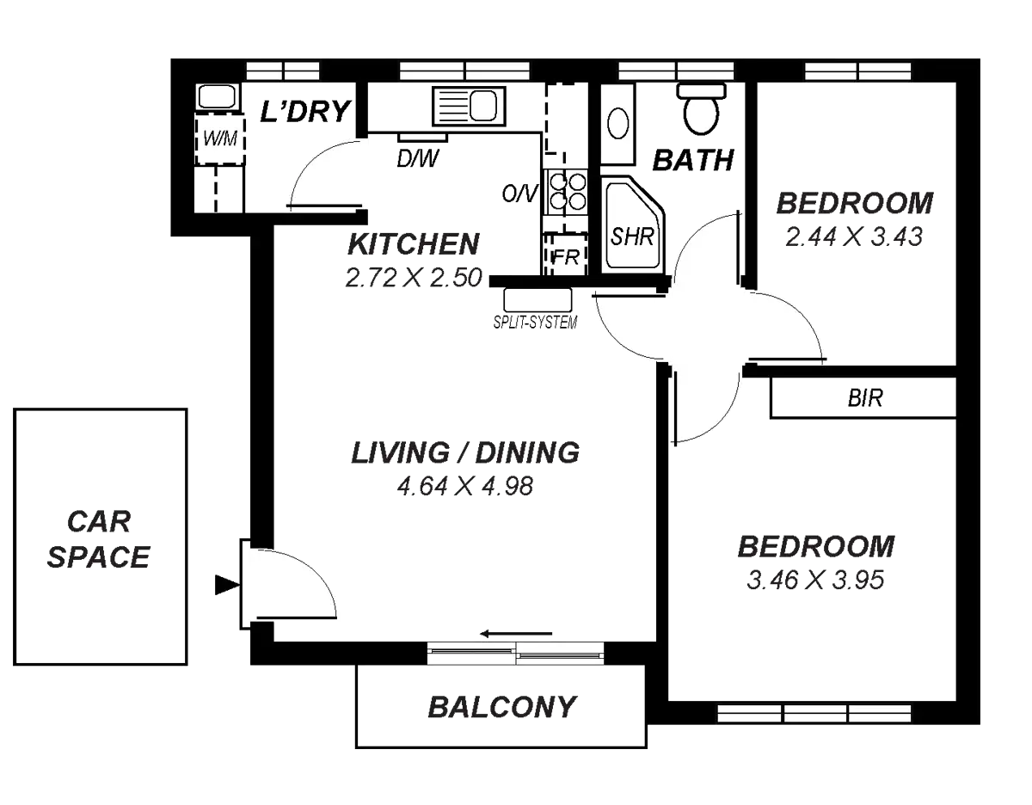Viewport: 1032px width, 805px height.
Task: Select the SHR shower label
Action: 632,237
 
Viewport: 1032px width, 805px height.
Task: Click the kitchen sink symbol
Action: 465,107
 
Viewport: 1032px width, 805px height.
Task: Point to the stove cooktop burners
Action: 564,190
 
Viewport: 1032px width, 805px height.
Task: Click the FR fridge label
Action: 564,256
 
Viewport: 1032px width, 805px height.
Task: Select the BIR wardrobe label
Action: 865,398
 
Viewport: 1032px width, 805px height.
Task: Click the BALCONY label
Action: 501,708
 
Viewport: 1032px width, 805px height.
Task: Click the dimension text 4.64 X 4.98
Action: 465,486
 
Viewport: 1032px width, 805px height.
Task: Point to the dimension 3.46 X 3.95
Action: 815,581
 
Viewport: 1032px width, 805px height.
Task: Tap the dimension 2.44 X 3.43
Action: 853,237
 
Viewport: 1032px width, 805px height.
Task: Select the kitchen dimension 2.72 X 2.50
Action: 412,277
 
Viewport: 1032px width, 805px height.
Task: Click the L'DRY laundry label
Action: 306,111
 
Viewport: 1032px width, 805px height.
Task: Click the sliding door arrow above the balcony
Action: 516,634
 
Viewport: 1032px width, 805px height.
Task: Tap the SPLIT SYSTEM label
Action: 534,323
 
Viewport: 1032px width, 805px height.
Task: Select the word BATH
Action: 693,160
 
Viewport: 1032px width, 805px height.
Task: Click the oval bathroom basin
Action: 617,123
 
